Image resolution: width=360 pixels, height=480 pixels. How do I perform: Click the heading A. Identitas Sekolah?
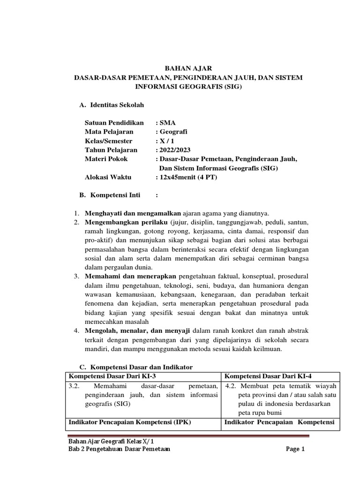click(x=112, y=105)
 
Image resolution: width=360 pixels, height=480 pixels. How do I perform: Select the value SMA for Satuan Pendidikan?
click(x=165, y=123)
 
